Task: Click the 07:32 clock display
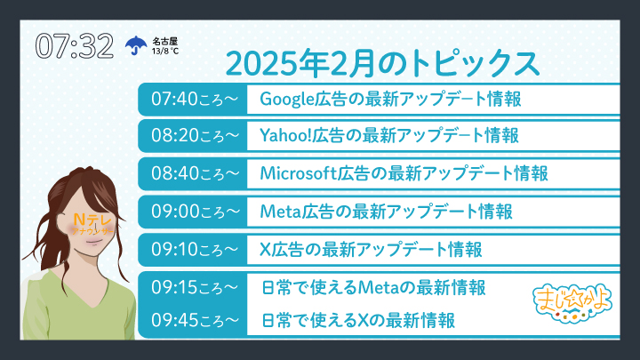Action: [x=75, y=45]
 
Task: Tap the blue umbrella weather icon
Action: [x=136, y=45]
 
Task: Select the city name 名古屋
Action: [x=165, y=41]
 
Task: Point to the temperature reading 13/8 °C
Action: [x=165, y=51]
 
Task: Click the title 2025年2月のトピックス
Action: [x=382, y=64]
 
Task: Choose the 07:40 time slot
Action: [x=195, y=100]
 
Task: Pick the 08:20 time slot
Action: [x=195, y=135]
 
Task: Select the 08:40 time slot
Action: [x=195, y=173]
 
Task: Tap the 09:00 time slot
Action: [x=195, y=212]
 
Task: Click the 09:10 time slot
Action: [x=195, y=249]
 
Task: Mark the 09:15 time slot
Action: [x=195, y=287]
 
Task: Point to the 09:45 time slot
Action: [x=195, y=320]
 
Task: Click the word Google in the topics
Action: [x=286, y=100]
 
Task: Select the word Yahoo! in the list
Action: [x=285, y=135]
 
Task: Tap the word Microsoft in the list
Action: [x=298, y=173]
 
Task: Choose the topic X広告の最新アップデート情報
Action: [x=371, y=250]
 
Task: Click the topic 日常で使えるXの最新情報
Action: [x=358, y=320]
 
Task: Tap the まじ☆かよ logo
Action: [x=572, y=302]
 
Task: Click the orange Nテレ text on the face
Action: [x=92, y=220]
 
